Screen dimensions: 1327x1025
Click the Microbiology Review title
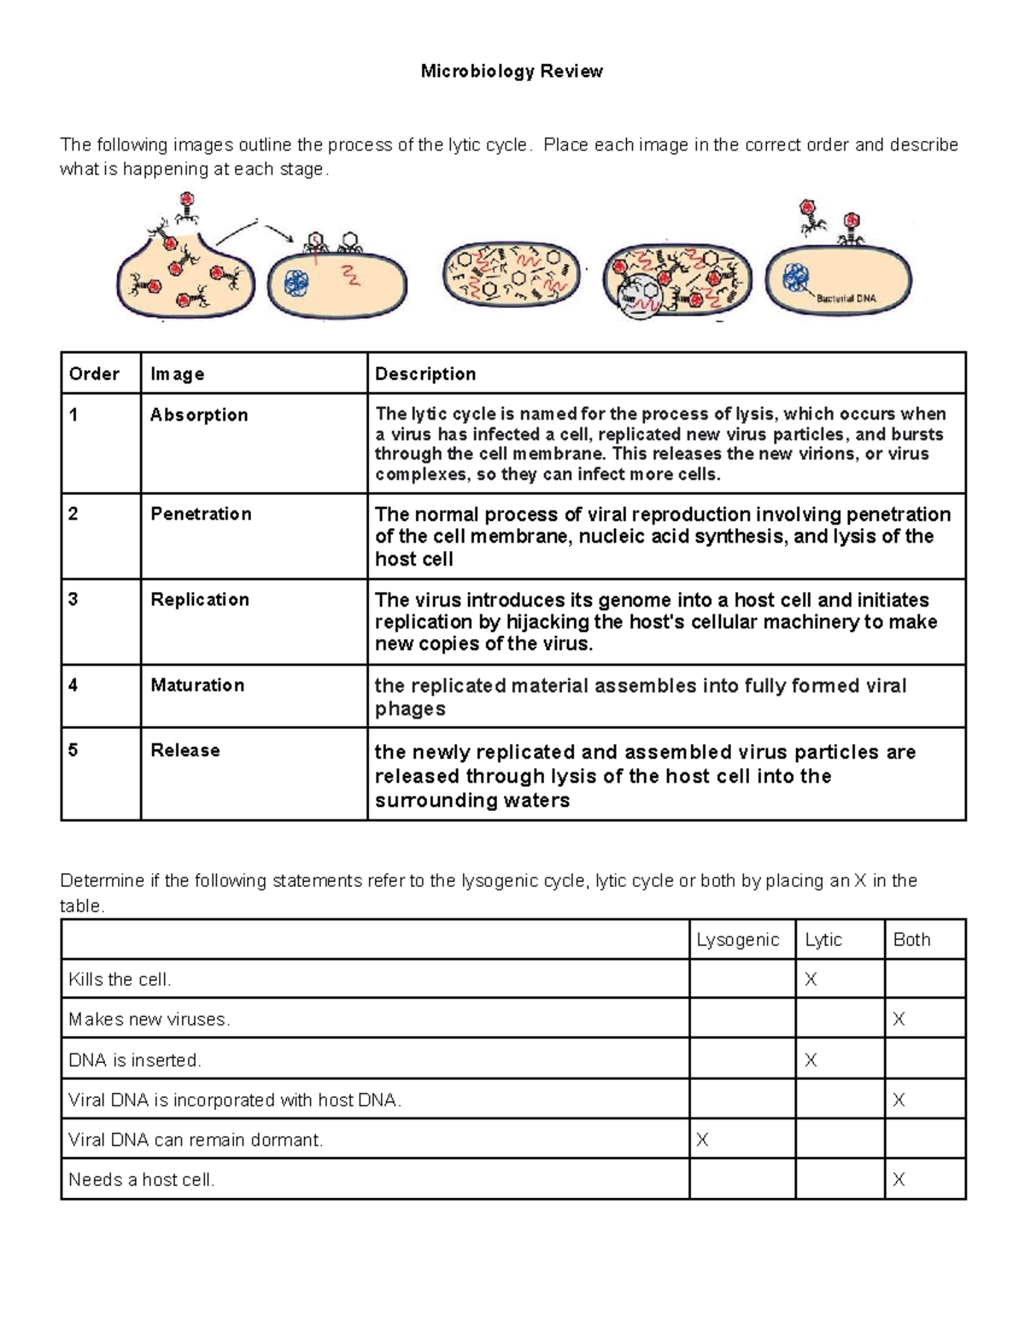click(512, 72)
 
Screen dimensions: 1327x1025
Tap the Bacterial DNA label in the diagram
click(846, 298)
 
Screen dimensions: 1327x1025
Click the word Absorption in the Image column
click(199, 415)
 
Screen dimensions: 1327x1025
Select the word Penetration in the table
click(201, 514)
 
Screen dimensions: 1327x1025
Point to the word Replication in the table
click(200, 599)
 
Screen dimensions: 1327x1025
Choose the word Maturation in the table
click(197, 684)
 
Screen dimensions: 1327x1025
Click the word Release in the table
click(185, 750)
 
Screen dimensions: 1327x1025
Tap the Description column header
click(425, 373)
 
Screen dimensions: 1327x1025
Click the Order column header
click(94, 373)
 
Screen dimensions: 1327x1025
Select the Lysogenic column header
click(738, 940)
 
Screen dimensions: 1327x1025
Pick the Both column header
click(911, 940)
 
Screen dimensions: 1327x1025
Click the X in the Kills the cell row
click(811, 980)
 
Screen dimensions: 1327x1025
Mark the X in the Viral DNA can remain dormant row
click(702, 1140)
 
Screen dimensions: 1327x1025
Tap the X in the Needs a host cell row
click(899, 1180)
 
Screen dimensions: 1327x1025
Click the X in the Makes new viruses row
click(899, 1019)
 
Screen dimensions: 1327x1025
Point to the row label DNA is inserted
click(135, 1060)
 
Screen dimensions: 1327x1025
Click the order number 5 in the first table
click(73, 750)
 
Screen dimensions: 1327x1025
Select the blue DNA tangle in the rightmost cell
click(797, 279)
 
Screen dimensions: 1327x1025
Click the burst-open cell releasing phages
click(185, 273)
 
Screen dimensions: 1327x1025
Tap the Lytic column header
click(823, 940)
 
